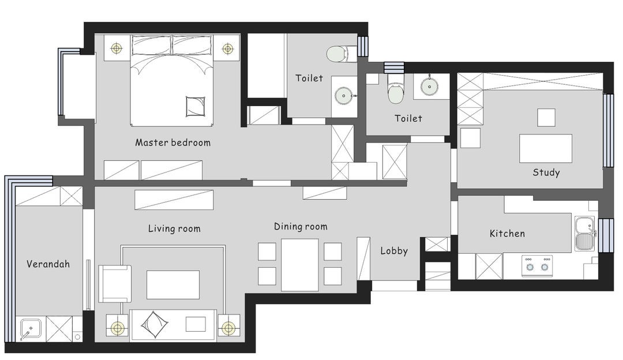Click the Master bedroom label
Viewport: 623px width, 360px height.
(173, 142)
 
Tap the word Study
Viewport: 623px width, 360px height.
(546, 172)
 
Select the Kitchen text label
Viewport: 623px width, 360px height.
(507, 233)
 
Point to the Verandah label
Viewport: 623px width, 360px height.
(48, 264)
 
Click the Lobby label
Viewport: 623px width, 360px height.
(394, 251)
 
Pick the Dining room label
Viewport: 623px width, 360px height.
(301, 227)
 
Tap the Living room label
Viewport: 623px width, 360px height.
(174, 228)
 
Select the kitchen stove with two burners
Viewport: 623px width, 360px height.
(537, 266)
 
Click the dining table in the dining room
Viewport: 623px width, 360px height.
(300, 265)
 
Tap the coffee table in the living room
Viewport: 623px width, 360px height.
(173, 284)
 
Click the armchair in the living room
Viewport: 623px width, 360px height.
(115, 284)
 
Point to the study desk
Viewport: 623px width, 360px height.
(546, 149)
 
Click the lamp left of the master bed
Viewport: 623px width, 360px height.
(116, 48)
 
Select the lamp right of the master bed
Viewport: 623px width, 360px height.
(227, 48)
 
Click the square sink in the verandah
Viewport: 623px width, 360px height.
(30, 329)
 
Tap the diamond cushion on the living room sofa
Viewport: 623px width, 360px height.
(155, 324)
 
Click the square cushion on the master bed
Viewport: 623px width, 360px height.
(196, 107)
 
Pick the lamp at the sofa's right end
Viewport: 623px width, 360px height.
(228, 328)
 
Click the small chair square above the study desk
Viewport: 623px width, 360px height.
(546, 117)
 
